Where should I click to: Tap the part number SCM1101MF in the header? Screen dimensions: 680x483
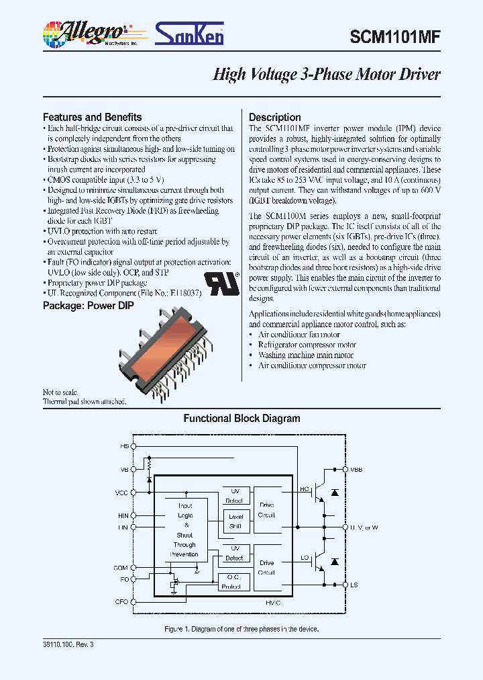coord(394,38)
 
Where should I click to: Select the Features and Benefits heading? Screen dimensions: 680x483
coord(92,117)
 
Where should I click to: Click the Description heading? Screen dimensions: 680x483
coord(274,117)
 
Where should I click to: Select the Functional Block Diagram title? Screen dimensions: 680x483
coord(241,419)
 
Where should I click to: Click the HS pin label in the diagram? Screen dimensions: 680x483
coord(124,446)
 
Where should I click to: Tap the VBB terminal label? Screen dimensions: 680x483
coord(356,470)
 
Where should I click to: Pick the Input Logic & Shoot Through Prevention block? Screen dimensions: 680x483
coord(184,530)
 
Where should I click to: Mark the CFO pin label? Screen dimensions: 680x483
coord(121,602)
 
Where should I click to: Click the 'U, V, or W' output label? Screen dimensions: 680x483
coord(364,527)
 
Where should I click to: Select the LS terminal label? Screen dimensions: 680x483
coord(354,585)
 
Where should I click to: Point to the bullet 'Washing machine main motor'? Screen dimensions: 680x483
coord(306,355)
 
